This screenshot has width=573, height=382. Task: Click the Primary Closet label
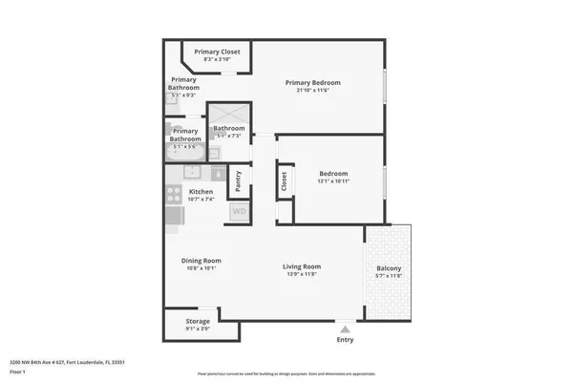click(x=217, y=52)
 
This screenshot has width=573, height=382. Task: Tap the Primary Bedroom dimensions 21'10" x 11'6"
click(x=312, y=91)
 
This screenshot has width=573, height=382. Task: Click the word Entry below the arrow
click(x=344, y=339)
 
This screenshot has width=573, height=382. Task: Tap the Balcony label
click(x=388, y=267)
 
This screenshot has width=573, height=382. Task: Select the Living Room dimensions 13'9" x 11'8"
click(x=301, y=274)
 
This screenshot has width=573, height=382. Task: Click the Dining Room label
click(x=201, y=261)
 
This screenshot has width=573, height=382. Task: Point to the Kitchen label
click(x=201, y=191)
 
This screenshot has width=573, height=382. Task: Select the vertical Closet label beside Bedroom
click(x=284, y=180)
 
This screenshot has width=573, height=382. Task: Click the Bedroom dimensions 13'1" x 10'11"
click(x=333, y=180)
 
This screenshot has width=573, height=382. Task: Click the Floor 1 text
click(x=18, y=371)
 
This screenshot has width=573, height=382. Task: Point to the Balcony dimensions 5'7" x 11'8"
click(x=388, y=275)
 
